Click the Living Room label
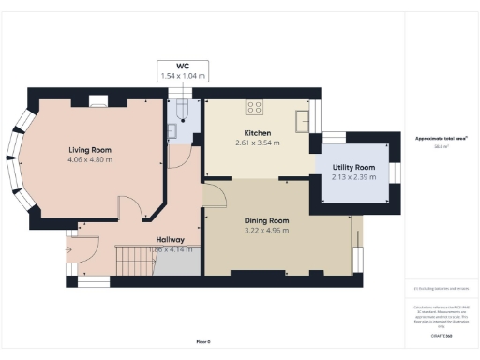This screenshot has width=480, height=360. coord(90,150)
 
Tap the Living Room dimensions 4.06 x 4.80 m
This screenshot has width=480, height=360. coord(90,160)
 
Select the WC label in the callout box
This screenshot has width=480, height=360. coord(183,67)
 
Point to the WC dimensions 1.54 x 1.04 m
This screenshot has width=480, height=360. coord(183,76)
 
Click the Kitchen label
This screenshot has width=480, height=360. coord(258,132)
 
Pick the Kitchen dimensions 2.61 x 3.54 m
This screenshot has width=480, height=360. coord(258,142)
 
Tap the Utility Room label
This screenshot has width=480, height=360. coord(353,167)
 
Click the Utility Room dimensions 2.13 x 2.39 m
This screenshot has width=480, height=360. coord(353,177)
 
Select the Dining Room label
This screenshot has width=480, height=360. coord(266,220)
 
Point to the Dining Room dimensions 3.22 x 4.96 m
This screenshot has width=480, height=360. coord(266,231)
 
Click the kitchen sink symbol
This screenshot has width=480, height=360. coord(303,121)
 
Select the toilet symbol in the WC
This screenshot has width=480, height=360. coord(184,113)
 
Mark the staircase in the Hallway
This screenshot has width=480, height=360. coord(132,259)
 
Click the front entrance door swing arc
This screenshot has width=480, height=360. coord(82,249)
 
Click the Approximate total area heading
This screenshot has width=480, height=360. coord(442,138)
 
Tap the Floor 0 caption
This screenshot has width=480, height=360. coord(202,341)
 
